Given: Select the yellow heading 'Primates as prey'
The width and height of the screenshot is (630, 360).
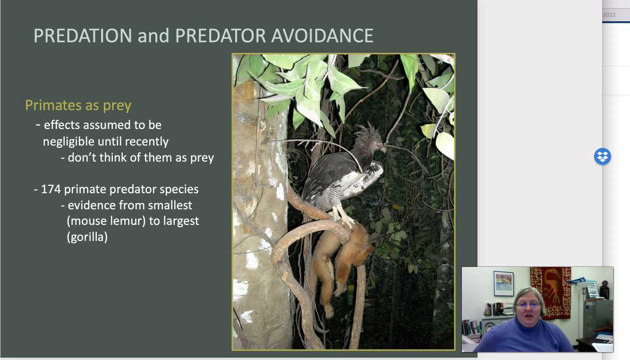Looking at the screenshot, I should (78, 105).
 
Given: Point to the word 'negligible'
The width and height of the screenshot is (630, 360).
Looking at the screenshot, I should (69, 141).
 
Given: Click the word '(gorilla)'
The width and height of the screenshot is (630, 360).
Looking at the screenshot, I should (87, 237).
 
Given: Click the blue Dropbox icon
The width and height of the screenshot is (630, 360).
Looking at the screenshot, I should (602, 156).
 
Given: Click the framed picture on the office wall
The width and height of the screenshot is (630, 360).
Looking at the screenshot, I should (503, 283).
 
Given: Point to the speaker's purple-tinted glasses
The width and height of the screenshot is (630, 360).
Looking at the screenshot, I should (528, 305).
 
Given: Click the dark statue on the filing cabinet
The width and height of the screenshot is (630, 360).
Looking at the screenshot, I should (604, 290).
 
